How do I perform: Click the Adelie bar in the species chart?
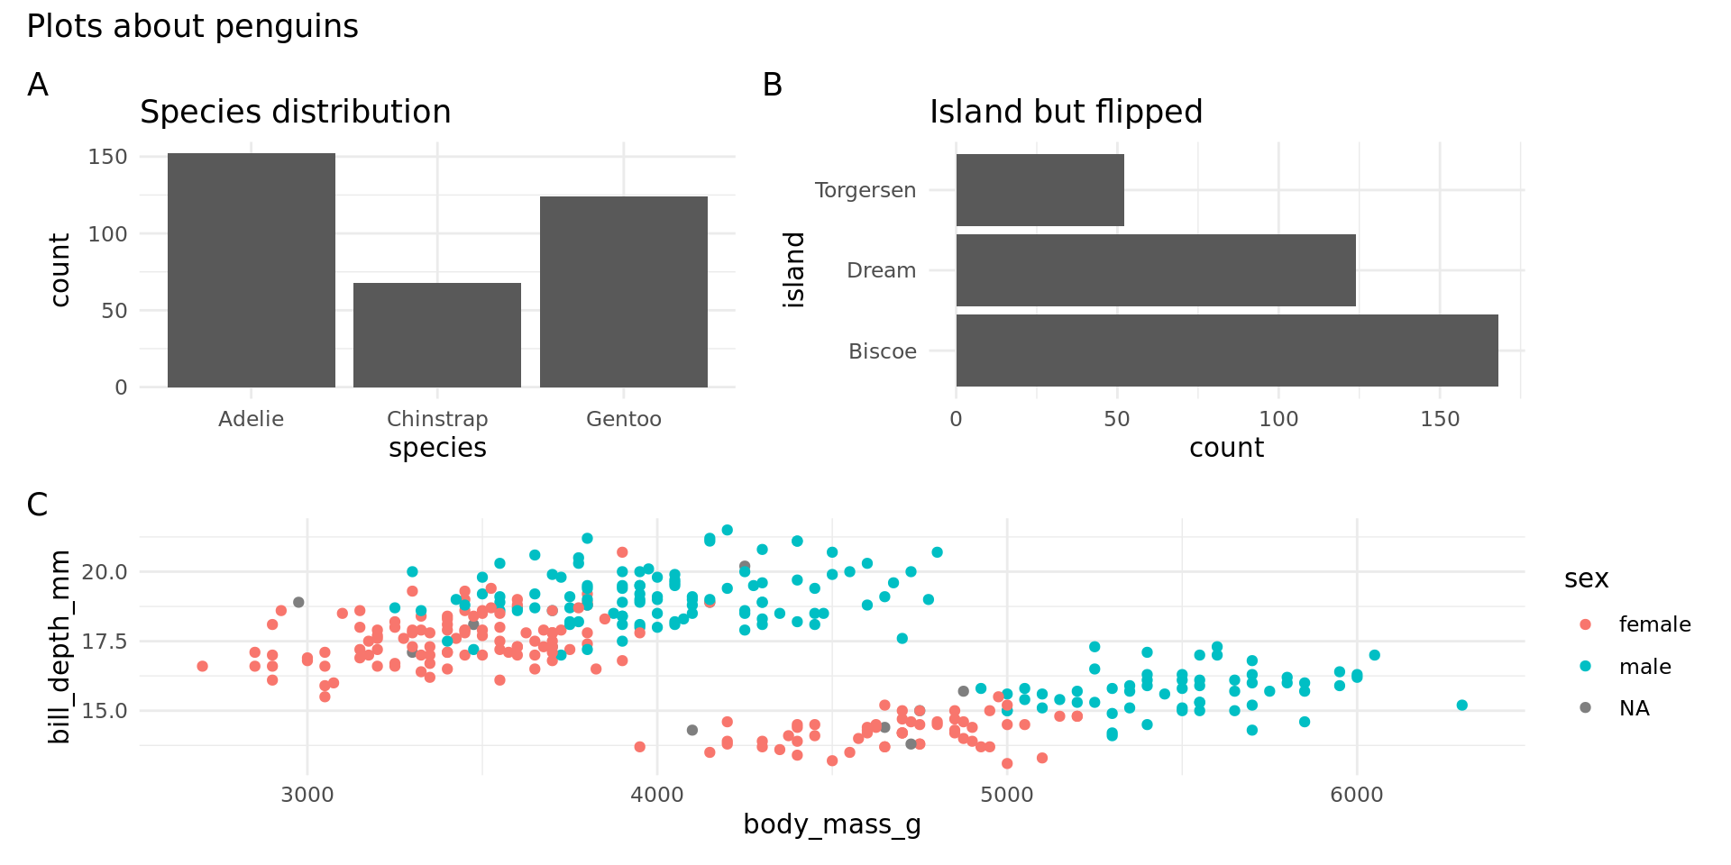coord(251,270)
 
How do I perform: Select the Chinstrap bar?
coord(437,335)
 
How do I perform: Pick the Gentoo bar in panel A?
coord(624,292)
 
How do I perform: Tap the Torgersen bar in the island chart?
coord(1040,190)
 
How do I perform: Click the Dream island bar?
coord(1156,270)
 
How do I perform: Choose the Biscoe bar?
coord(1227,351)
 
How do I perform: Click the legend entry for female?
coord(1654,624)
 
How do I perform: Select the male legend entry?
coord(1644,667)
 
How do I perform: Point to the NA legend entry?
coord(1634,708)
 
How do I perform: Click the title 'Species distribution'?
coord(295,113)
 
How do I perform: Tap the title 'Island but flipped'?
coord(1066,113)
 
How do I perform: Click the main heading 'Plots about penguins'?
coord(192,27)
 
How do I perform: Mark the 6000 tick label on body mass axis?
coord(1356,795)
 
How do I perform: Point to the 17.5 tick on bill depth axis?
coord(105,642)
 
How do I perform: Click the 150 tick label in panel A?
coord(108,157)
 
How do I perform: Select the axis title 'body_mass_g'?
coord(831,824)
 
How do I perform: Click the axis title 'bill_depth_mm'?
coord(60,647)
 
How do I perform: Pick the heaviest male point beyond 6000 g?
coord(1461,706)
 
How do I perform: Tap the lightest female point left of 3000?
coord(202,666)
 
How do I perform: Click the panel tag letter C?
coord(37,505)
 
